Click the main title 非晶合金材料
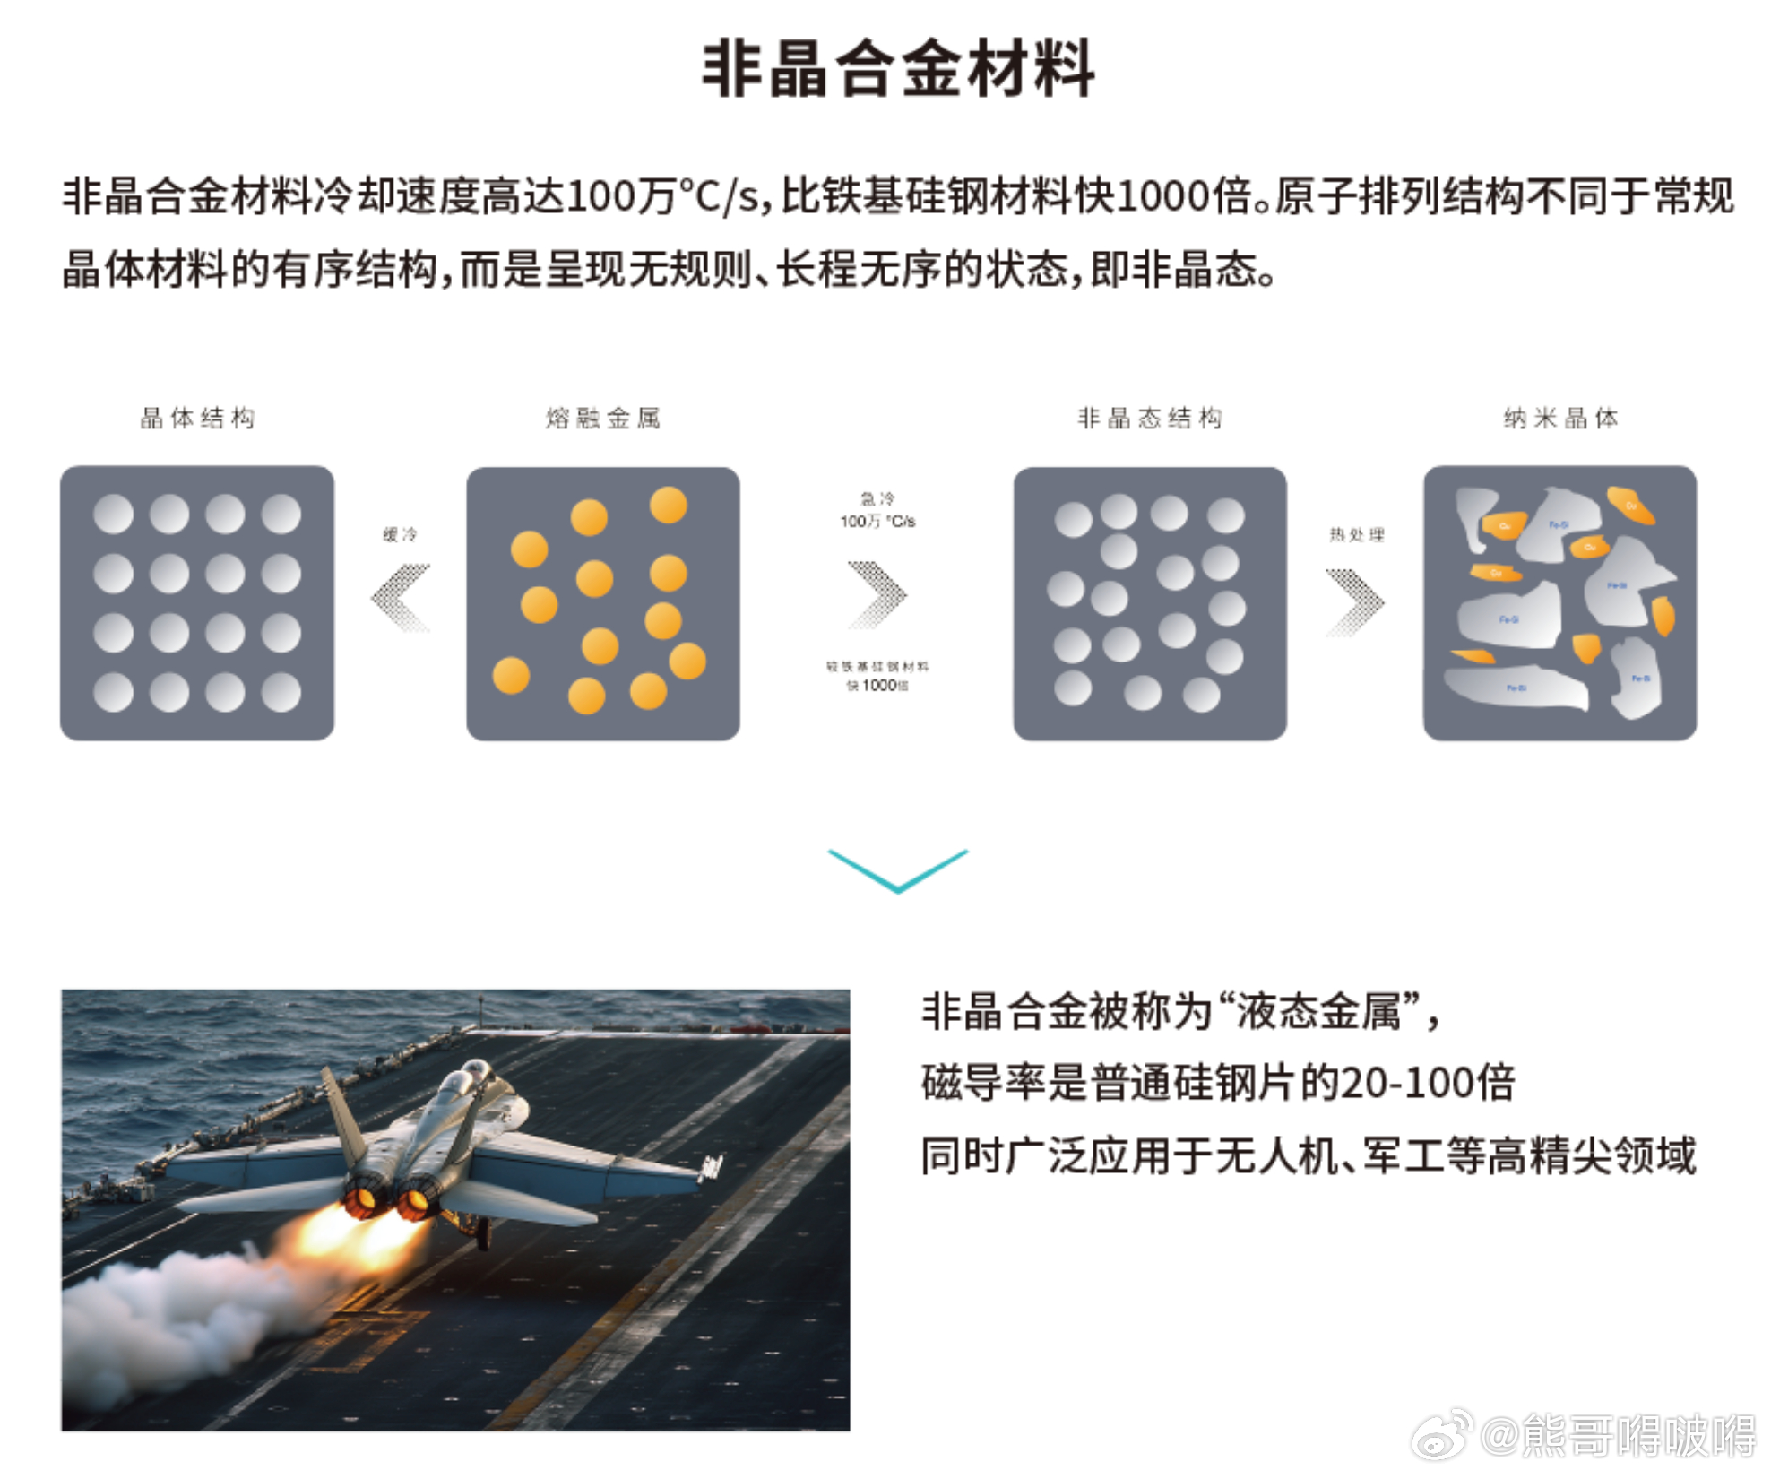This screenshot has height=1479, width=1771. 897,68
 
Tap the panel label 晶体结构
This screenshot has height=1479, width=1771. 197,418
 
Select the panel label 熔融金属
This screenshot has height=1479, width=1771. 603,418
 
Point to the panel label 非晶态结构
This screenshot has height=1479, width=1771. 1150,418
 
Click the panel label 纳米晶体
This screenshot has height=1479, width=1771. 1560,418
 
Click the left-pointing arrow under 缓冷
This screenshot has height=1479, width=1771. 401,597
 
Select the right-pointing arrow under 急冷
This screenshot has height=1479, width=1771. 877,594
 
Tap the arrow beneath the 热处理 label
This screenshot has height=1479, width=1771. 1355,602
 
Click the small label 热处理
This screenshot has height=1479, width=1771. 1356,534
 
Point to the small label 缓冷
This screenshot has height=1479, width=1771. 400,534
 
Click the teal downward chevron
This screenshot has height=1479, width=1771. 897,869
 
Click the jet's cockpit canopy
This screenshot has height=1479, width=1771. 471,1076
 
